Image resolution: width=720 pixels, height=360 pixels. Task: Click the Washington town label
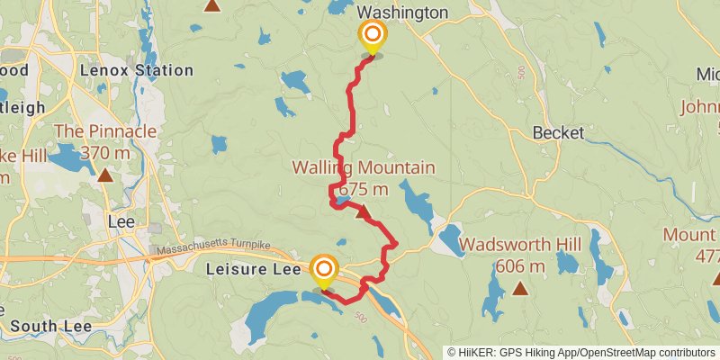(x=402, y=13)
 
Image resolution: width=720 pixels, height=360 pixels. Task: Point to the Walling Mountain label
(x=363, y=168)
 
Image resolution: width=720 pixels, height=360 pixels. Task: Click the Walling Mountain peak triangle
(x=362, y=213)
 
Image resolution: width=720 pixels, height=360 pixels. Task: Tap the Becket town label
(x=558, y=132)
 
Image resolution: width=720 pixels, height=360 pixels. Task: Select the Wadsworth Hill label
(x=520, y=245)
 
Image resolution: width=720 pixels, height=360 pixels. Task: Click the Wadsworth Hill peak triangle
(x=520, y=288)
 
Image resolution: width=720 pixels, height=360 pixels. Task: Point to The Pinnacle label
(x=105, y=131)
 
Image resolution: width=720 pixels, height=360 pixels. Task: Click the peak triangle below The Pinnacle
(x=105, y=175)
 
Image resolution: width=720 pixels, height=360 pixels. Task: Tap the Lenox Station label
(x=136, y=70)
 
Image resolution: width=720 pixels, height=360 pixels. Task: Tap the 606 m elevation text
(x=520, y=266)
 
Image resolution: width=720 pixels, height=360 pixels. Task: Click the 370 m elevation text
(x=105, y=153)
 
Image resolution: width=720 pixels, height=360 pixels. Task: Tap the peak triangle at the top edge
(x=212, y=4)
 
